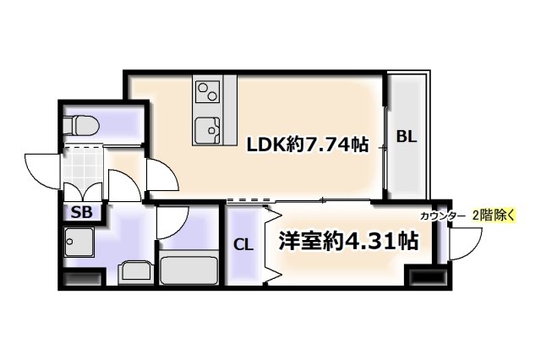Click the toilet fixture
[82, 125]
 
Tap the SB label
[82, 212]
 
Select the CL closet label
[243, 245]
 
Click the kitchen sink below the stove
[207, 130]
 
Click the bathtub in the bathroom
[189, 270]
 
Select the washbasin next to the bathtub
[134, 272]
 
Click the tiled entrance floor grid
[84, 170]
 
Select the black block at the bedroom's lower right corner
[426, 275]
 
